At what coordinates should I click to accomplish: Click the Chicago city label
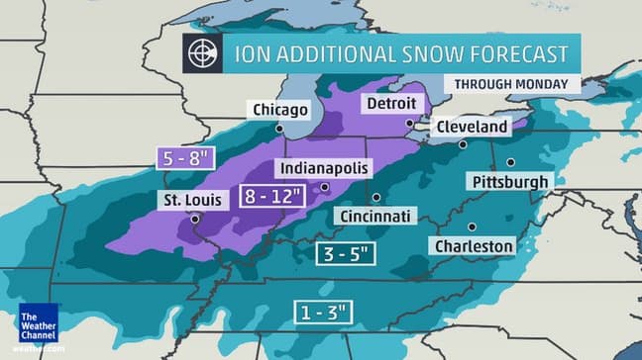(280, 109)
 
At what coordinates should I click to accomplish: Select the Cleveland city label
(474, 127)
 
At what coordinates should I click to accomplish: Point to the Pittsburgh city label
(509, 182)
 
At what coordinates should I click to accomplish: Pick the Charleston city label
(473, 245)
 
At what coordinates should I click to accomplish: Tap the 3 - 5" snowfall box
(346, 253)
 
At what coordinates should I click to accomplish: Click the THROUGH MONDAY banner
(511, 84)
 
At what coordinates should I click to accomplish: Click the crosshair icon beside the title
(201, 53)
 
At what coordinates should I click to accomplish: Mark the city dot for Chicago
(280, 128)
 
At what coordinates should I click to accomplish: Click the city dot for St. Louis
(194, 219)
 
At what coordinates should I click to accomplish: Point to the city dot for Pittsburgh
(510, 162)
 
